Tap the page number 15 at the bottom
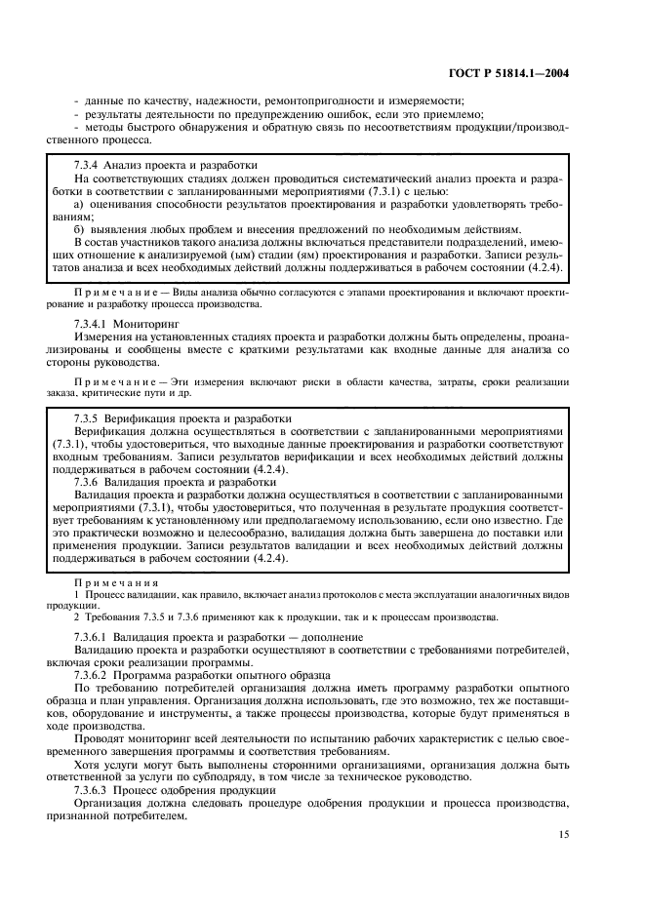tap(563, 834)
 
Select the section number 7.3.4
tap(90, 165)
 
